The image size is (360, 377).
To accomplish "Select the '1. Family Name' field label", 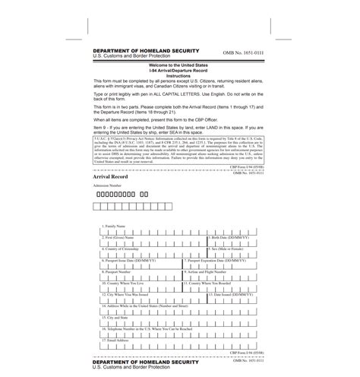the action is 115,227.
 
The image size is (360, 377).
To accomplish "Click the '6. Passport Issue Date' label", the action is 134,258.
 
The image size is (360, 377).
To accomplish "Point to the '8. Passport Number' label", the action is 118,270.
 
